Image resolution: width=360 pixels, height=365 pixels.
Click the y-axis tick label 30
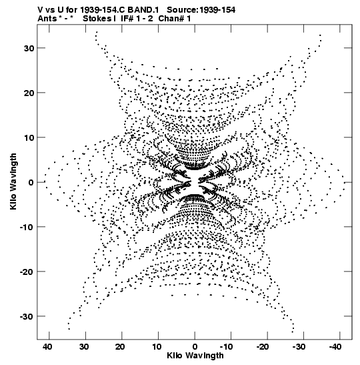(x=29, y=49)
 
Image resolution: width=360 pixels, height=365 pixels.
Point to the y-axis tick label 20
(x=29, y=93)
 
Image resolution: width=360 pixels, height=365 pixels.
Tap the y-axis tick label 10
(x=29, y=138)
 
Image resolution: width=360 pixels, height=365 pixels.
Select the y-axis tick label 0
(x=31, y=183)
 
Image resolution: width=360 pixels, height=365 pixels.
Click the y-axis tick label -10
(x=27, y=227)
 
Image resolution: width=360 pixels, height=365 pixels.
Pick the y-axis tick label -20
(x=27, y=272)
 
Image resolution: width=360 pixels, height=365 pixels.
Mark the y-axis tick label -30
(x=27, y=316)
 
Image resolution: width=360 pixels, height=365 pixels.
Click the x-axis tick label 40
(x=47, y=347)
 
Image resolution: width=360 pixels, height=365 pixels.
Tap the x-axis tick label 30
(x=84, y=347)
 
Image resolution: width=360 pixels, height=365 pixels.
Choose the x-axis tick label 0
(x=195, y=347)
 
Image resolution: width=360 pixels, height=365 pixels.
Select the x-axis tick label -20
(x=263, y=347)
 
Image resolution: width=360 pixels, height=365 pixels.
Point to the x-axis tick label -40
(x=335, y=347)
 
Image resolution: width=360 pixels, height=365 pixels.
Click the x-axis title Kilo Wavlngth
(x=195, y=356)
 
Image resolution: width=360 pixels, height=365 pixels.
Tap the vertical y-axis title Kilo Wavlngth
(x=13, y=181)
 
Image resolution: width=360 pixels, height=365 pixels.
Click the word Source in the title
(x=182, y=10)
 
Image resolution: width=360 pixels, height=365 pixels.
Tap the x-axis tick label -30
(x=299, y=347)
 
